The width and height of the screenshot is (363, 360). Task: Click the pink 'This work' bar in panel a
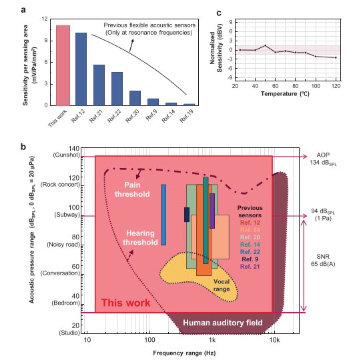(x=63, y=65)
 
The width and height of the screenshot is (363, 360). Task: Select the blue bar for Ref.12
(x=81, y=69)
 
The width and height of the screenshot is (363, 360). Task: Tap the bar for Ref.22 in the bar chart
(x=117, y=89)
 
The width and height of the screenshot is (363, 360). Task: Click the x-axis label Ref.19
(x=187, y=116)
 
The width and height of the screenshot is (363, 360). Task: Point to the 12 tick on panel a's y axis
(x=45, y=19)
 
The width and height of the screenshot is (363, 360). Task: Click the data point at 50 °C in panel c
(x=266, y=45)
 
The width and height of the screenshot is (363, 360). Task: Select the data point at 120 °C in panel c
(x=336, y=57)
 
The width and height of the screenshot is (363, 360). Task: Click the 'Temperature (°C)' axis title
(x=285, y=94)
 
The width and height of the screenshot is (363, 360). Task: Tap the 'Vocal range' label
(x=222, y=285)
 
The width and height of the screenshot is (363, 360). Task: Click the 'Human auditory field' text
(x=223, y=323)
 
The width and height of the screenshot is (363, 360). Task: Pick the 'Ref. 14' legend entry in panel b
(x=250, y=245)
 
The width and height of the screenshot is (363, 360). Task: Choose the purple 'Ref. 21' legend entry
(x=250, y=267)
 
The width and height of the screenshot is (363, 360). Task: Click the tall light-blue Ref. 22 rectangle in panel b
(x=163, y=215)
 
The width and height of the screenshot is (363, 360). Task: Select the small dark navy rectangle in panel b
(x=187, y=215)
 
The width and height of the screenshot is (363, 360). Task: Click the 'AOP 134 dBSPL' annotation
(x=323, y=159)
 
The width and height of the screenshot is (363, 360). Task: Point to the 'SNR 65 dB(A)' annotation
(x=323, y=260)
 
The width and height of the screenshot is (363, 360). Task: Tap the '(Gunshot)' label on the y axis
(x=67, y=155)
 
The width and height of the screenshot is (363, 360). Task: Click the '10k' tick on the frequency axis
(x=274, y=340)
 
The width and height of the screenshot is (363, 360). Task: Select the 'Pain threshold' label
(x=132, y=189)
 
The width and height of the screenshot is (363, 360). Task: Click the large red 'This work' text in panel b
(x=125, y=303)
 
